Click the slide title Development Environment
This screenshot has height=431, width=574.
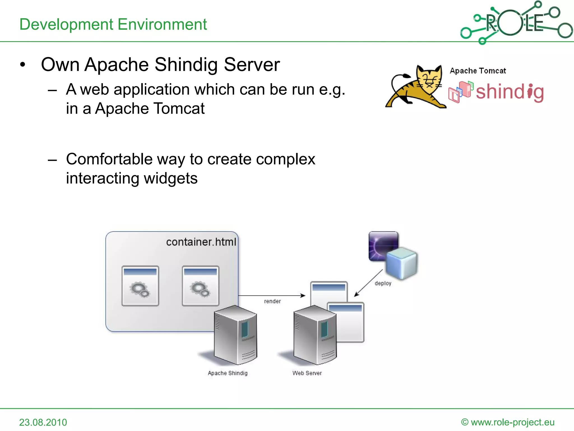pos(113,24)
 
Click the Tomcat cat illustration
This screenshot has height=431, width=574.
pos(416,87)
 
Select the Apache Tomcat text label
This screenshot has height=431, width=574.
pos(478,71)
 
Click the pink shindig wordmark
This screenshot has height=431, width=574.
pos(510,92)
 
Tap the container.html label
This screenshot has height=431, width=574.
pos(201,242)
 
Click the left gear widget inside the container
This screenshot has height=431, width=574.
pos(140,286)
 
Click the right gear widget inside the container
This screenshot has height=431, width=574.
pos(200,286)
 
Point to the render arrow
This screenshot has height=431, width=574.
pos(271,295)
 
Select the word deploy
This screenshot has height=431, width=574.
pos(383,283)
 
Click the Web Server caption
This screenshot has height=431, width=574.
pos(307,373)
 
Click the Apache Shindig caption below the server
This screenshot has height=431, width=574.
pos(228,373)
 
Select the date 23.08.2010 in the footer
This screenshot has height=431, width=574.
pos(43,422)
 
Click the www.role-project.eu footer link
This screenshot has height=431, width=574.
pos(512,422)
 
